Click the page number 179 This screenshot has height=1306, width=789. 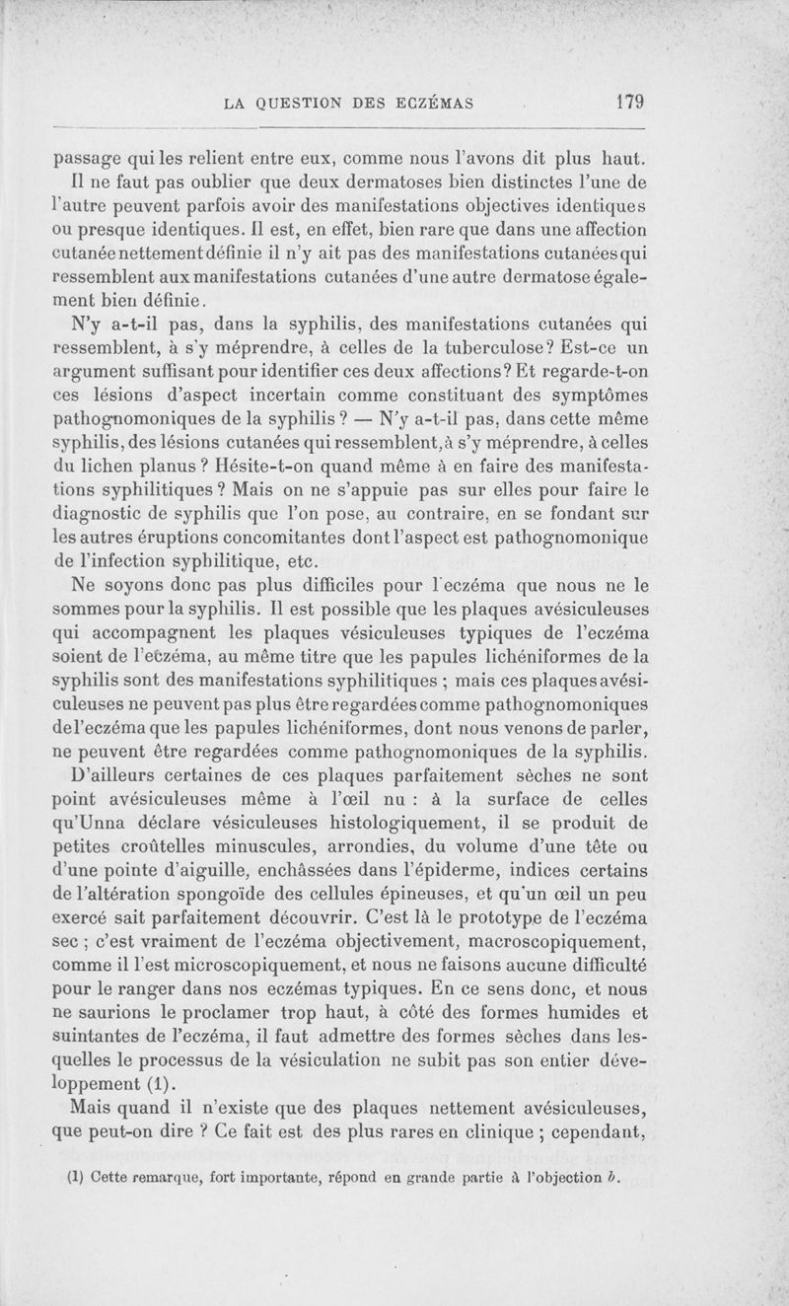627,101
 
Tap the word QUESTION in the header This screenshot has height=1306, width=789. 304,102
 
